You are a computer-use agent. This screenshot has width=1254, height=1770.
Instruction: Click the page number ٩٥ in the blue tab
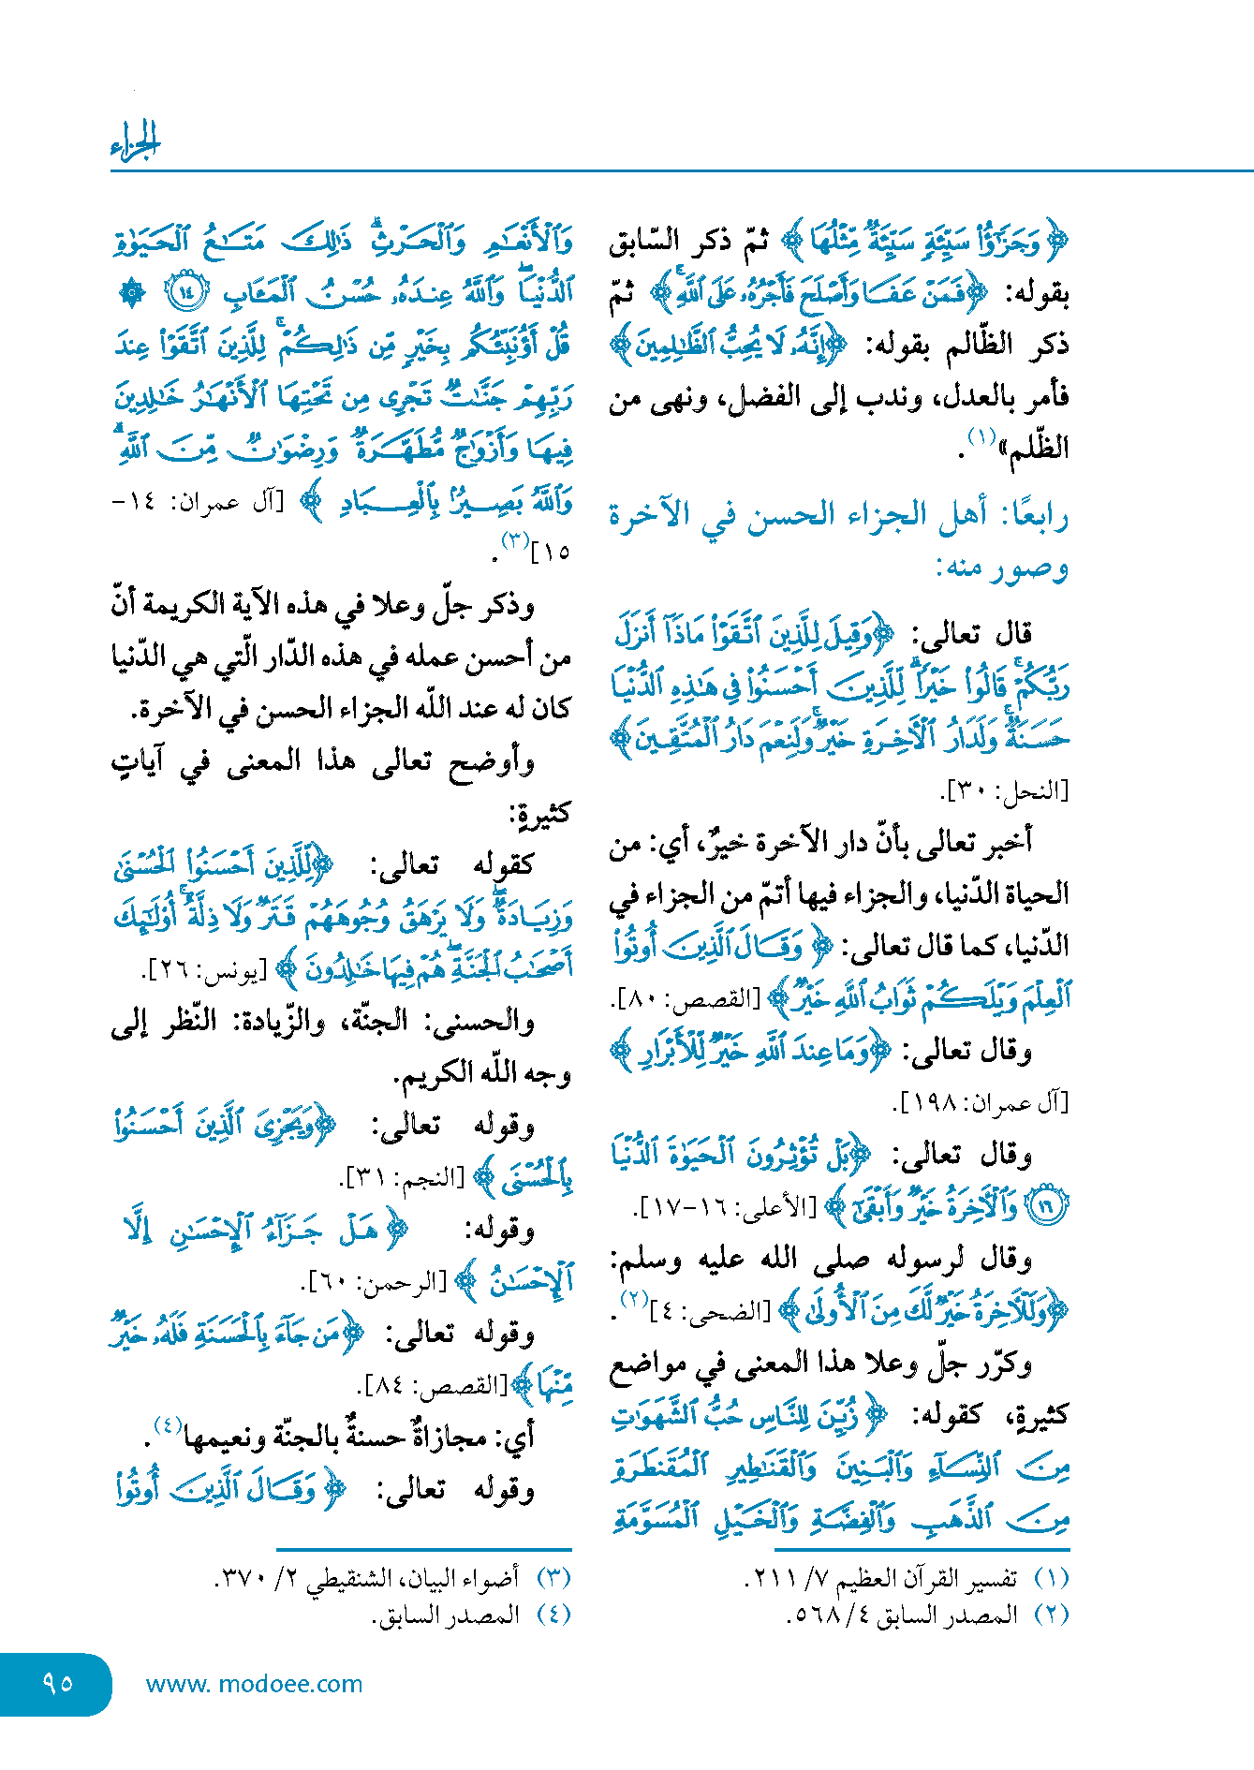58,1683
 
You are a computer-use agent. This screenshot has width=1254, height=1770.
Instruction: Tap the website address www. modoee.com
254,1684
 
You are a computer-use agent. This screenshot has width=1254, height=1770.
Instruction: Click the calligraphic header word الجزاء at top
136,142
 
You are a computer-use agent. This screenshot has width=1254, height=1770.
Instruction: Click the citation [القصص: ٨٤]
431,1385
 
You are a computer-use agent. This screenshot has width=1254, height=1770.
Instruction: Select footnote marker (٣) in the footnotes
553,1578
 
